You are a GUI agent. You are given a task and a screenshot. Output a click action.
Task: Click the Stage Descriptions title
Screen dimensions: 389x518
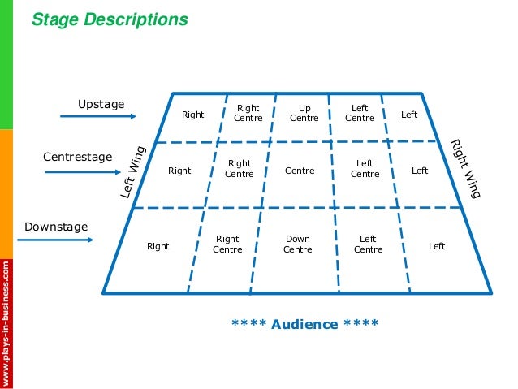[x=110, y=19]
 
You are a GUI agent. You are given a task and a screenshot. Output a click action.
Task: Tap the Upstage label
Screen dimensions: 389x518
[x=101, y=104]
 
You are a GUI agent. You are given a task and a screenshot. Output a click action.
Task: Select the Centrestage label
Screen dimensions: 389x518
[x=77, y=156]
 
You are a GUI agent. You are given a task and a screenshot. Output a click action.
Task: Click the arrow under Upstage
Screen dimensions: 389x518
[x=98, y=117]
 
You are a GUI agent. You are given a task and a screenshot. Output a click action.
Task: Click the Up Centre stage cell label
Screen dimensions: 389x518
[x=304, y=113]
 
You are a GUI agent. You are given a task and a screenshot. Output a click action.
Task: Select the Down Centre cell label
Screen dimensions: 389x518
[x=297, y=244]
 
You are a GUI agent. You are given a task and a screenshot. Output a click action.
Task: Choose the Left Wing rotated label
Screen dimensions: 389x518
[x=133, y=171]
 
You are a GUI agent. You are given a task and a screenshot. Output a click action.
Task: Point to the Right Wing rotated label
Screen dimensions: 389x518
[x=466, y=169]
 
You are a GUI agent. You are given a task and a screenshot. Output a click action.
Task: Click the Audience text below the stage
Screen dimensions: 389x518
[x=304, y=324]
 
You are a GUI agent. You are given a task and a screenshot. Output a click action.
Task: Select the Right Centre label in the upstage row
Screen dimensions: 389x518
[x=248, y=113]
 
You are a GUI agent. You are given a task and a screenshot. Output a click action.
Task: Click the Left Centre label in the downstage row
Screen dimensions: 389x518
[x=368, y=244]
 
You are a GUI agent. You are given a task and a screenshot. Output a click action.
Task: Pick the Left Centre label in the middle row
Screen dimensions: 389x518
[x=365, y=169]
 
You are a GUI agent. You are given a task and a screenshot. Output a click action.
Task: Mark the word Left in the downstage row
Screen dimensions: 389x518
[x=437, y=246]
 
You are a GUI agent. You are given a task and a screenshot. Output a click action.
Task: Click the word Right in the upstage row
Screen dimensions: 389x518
[x=192, y=115]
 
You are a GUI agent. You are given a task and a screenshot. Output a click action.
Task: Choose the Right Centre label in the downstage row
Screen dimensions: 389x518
[x=227, y=244]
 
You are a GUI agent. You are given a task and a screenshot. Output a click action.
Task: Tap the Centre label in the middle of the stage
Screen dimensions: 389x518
[x=300, y=171]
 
